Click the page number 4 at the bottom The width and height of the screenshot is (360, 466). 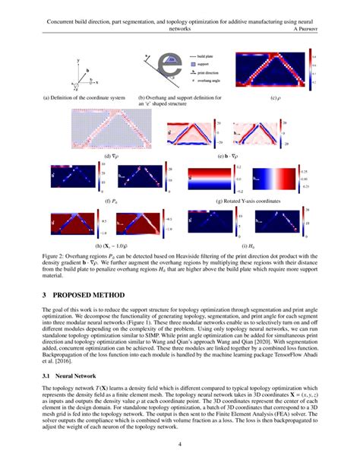180,444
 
